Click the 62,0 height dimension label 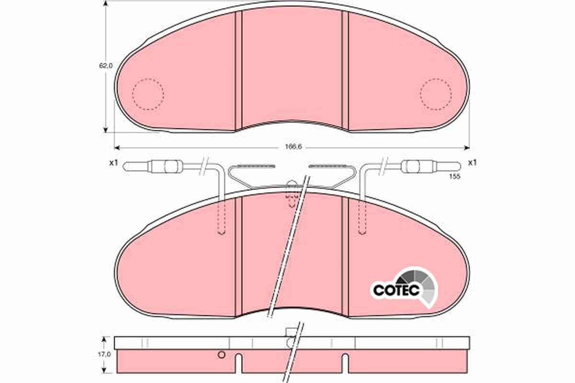pyautogui.click(x=106, y=66)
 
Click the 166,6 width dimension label pyautogui.click(x=292, y=147)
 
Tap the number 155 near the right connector pyautogui.click(x=455, y=177)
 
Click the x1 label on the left pyautogui.click(x=113, y=163)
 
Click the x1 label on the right pyautogui.click(x=472, y=163)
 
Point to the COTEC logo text pyautogui.click(x=396, y=290)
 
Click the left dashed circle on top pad pyautogui.click(x=148, y=93)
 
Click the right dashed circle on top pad pyautogui.click(x=436, y=93)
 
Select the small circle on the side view pyautogui.click(x=221, y=355)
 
